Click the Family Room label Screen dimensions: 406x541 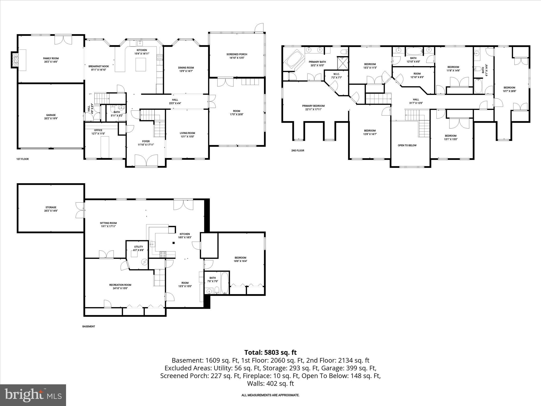tap(51, 58)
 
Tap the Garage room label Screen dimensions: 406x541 tap(51, 115)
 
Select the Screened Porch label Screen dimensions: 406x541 tap(237, 54)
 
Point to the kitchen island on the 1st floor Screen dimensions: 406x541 tap(141, 65)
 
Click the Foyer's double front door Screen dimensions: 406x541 tap(146, 161)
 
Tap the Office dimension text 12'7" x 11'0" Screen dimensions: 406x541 tap(98, 134)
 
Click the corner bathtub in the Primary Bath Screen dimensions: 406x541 tap(293, 60)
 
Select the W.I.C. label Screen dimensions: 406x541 tap(336, 74)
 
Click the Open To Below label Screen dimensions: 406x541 tap(407, 145)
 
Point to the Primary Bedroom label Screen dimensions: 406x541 tap(313, 106)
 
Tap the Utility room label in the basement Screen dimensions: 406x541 tap(138, 247)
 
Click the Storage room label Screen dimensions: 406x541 tap(51, 207)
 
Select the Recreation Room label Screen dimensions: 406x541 tap(120, 285)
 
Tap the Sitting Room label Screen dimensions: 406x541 tap(108, 223)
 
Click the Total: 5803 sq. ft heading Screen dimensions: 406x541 tap(270, 353)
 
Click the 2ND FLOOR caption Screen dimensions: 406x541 tap(298, 151)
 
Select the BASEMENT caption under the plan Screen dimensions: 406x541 tap(88, 326)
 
